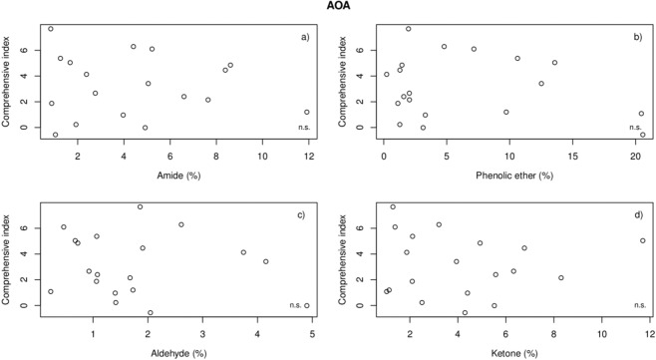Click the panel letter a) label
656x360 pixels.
[307, 37]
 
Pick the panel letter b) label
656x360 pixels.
[638, 37]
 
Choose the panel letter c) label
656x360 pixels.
[307, 215]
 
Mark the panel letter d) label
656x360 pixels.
[638, 215]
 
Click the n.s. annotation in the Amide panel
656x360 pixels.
[305, 127]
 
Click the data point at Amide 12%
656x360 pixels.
[307, 112]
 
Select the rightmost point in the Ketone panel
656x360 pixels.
[643, 240]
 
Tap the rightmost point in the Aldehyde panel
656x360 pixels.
[307, 305]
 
